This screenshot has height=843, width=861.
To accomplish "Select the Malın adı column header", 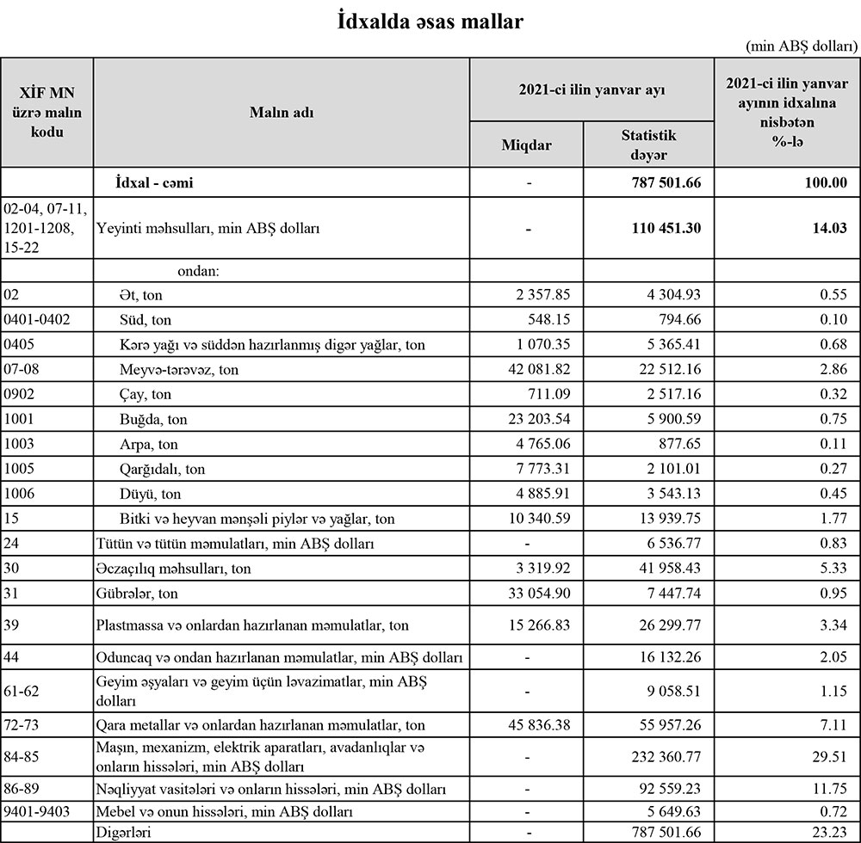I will pyautogui.click(x=281, y=113).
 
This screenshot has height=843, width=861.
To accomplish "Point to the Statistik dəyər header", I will pyautogui.click(x=648, y=145).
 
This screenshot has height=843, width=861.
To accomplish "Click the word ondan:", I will pyautogui.click(x=199, y=271).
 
